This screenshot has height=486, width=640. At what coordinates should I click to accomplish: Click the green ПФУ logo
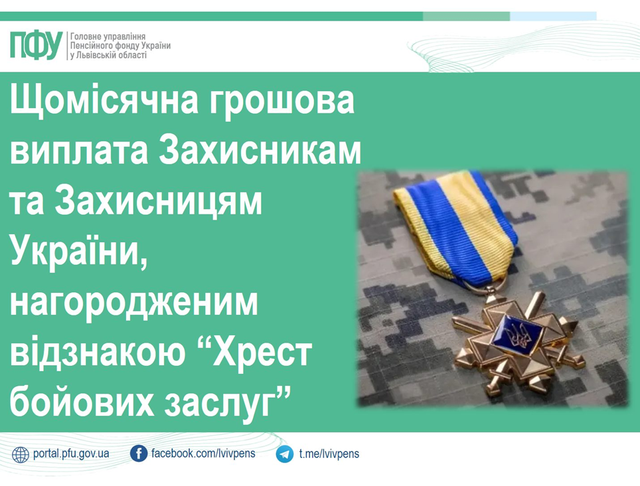tap(36, 45)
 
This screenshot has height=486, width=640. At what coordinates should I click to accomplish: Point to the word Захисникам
tap(260, 150)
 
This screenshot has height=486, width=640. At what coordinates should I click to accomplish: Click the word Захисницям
tap(158, 202)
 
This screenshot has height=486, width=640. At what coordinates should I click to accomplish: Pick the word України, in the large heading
tap(78, 252)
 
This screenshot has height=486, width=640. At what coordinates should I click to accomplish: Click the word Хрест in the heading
tap(262, 353)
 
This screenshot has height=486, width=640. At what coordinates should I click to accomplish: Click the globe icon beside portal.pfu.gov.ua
tap(21, 455)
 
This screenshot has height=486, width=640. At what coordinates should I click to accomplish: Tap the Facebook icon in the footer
tap(138, 453)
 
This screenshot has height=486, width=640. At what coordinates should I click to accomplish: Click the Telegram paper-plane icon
tap(285, 454)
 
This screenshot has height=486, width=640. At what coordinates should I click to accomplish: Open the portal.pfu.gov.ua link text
tap(71, 453)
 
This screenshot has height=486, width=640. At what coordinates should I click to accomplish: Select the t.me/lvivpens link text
tap(329, 453)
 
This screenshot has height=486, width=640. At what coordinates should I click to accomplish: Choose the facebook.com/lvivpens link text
tap(203, 453)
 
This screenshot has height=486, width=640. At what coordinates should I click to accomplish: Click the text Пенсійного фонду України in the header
tap(120, 46)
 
